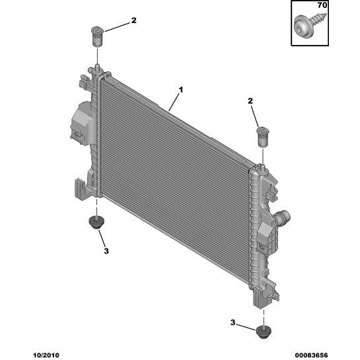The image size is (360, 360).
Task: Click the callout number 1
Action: point(181,90)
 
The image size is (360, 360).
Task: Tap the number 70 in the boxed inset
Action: point(322,5)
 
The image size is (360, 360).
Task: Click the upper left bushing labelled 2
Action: point(97,36)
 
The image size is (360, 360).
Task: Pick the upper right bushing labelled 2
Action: point(262,137)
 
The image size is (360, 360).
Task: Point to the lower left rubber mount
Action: point(96,222)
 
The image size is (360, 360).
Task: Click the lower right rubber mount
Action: point(264,332)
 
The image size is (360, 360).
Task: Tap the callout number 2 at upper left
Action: point(133,20)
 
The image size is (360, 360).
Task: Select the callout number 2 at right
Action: point(250,101)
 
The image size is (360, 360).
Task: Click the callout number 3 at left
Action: point(106,251)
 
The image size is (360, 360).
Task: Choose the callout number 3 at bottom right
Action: point(233,322)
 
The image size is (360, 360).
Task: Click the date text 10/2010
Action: point(46,355)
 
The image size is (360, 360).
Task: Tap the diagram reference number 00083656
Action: point(311,355)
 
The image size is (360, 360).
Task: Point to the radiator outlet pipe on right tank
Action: point(283,217)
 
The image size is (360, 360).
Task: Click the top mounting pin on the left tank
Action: point(97,68)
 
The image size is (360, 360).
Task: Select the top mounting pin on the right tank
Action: point(262,168)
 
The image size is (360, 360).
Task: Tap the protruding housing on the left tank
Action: point(83,124)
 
